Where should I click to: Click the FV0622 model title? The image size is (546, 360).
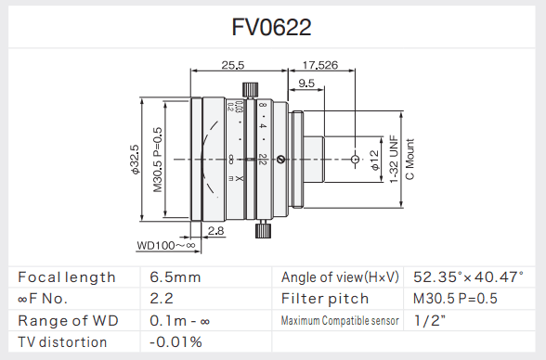pyautogui.click(x=271, y=27)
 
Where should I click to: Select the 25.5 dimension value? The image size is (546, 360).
pyautogui.click(x=233, y=65)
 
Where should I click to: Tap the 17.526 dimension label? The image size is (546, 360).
pyautogui.click(x=320, y=65)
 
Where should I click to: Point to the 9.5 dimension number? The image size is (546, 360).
pyautogui.click(x=306, y=84)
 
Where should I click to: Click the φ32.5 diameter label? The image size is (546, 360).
pyautogui.click(x=135, y=160)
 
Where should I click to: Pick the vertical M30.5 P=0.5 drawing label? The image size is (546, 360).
pyautogui.click(x=158, y=160)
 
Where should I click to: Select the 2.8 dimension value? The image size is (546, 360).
pyautogui.click(x=215, y=231)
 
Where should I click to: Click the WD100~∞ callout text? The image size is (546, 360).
pyautogui.click(x=166, y=245)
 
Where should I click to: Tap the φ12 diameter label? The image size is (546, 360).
pyautogui.click(x=374, y=160)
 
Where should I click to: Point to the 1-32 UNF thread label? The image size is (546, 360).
pyautogui.click(x=394, y=159)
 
